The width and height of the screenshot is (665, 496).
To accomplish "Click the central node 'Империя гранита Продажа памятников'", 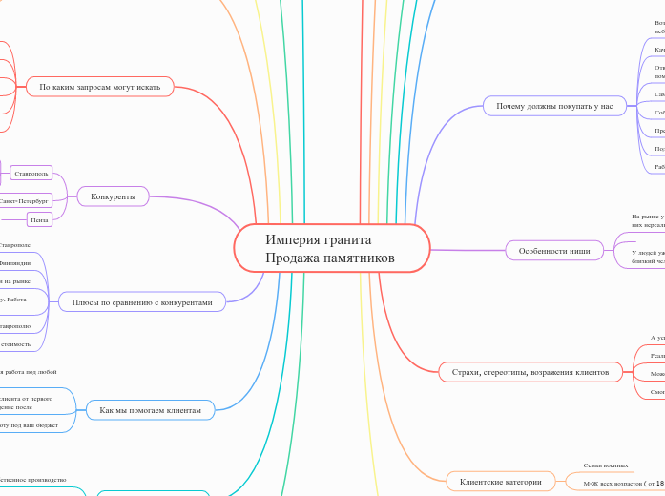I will (x=331, y=249).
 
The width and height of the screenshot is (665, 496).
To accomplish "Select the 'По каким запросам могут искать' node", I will (x=99, y=87).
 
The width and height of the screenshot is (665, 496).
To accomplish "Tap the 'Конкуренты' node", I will (x=113, y=196).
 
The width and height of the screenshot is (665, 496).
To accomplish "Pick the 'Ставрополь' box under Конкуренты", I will (x=31, y=173).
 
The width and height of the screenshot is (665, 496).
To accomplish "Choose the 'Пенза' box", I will (x=39, y=219).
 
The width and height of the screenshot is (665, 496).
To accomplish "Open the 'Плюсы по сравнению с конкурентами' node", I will (x=142, y=302).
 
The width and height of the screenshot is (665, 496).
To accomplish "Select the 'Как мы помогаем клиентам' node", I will (x=150, y=410).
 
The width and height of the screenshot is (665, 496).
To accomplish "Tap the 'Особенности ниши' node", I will (x=554, y=251).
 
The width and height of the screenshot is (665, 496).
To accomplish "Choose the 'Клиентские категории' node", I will (x=501, y=482).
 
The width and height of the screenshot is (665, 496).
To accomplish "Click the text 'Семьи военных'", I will (x=606, y=465).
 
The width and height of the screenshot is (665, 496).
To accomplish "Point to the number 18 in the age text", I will (x=659, y=484).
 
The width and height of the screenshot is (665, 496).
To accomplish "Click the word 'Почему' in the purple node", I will (x=513, y=106).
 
